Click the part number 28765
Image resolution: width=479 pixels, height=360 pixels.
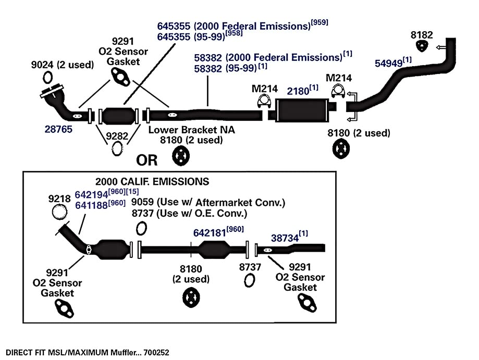(58, 129)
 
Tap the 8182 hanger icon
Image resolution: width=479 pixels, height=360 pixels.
(422, 46)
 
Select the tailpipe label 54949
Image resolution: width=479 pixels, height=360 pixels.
(389, 63)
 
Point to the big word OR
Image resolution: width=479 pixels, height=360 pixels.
(147, 160)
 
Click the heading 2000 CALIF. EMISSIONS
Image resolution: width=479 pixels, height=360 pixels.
(152, 182)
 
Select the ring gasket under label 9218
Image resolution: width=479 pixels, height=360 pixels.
(59, 212)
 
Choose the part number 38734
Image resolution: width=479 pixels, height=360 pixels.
(285, 238)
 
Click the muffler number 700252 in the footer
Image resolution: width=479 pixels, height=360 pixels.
(156, 353)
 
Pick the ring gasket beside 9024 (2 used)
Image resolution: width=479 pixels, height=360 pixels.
(47, 77)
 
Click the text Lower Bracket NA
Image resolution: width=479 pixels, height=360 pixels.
(191, 130)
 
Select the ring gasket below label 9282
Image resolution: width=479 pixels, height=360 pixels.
(117, 148)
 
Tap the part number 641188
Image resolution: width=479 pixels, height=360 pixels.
(91, 205)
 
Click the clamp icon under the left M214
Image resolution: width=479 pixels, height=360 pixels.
(264, 102)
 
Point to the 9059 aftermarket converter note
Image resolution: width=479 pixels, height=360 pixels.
(208, 203)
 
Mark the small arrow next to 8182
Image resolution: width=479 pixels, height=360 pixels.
(440, 47)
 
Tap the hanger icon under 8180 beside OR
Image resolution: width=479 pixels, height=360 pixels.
(181, 156)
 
